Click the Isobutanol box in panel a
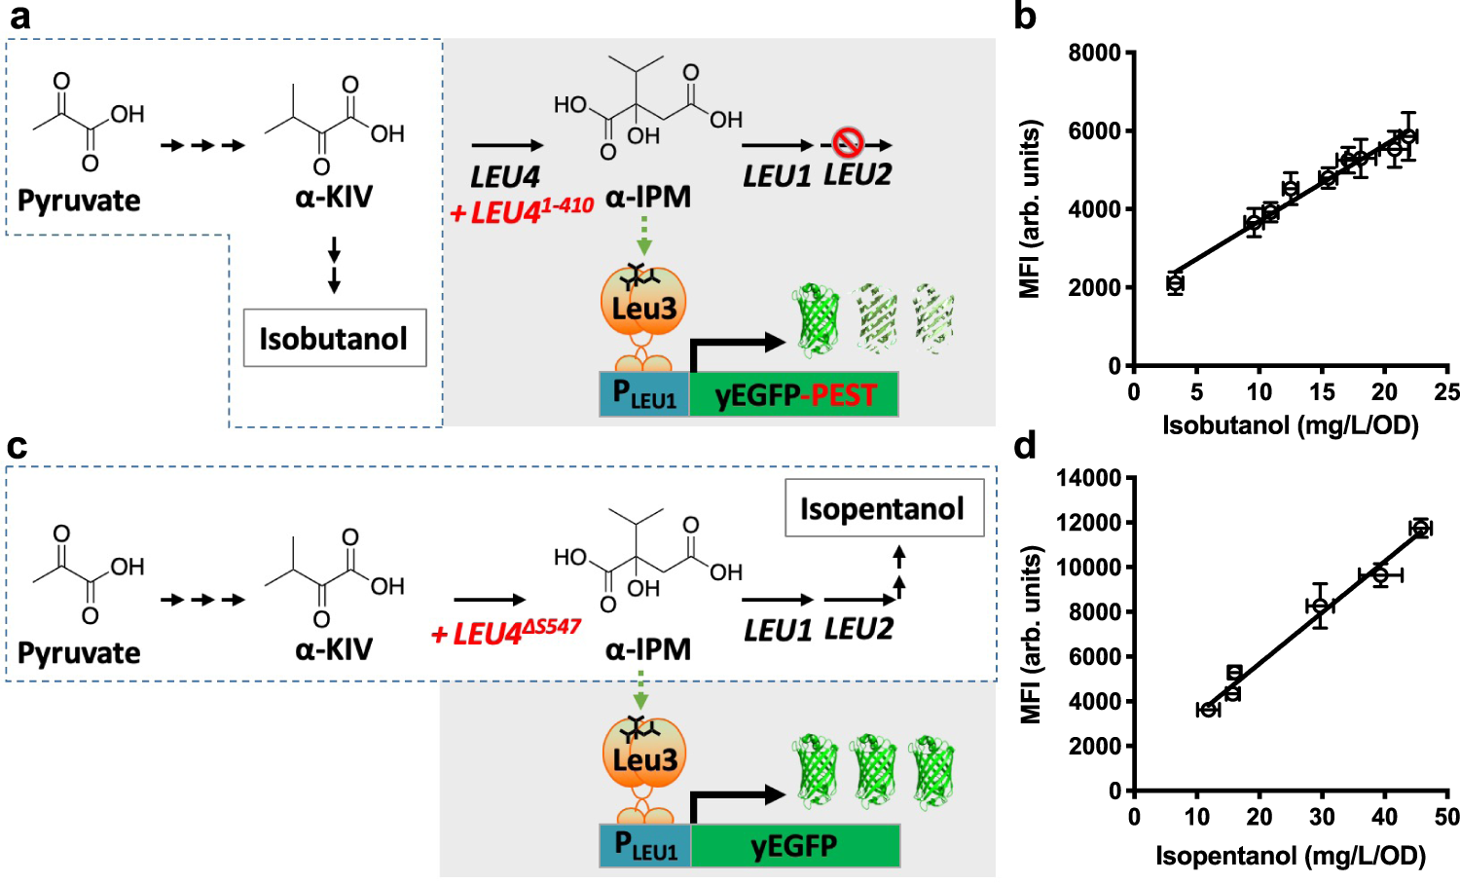334,338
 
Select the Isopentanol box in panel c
884,508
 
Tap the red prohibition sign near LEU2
848,143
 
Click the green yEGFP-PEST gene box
793,395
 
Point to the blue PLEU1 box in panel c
644,845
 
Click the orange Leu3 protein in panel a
643,305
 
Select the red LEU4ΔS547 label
506,633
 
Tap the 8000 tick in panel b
1095,53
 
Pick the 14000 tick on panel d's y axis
1089,478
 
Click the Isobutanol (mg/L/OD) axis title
1290,424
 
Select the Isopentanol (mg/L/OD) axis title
1290,856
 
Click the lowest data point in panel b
1175,283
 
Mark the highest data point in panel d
1421,528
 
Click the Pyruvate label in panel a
79,201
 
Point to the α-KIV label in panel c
334,649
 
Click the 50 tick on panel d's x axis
1446,817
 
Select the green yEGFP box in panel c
794,845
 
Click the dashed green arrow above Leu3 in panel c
640,693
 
